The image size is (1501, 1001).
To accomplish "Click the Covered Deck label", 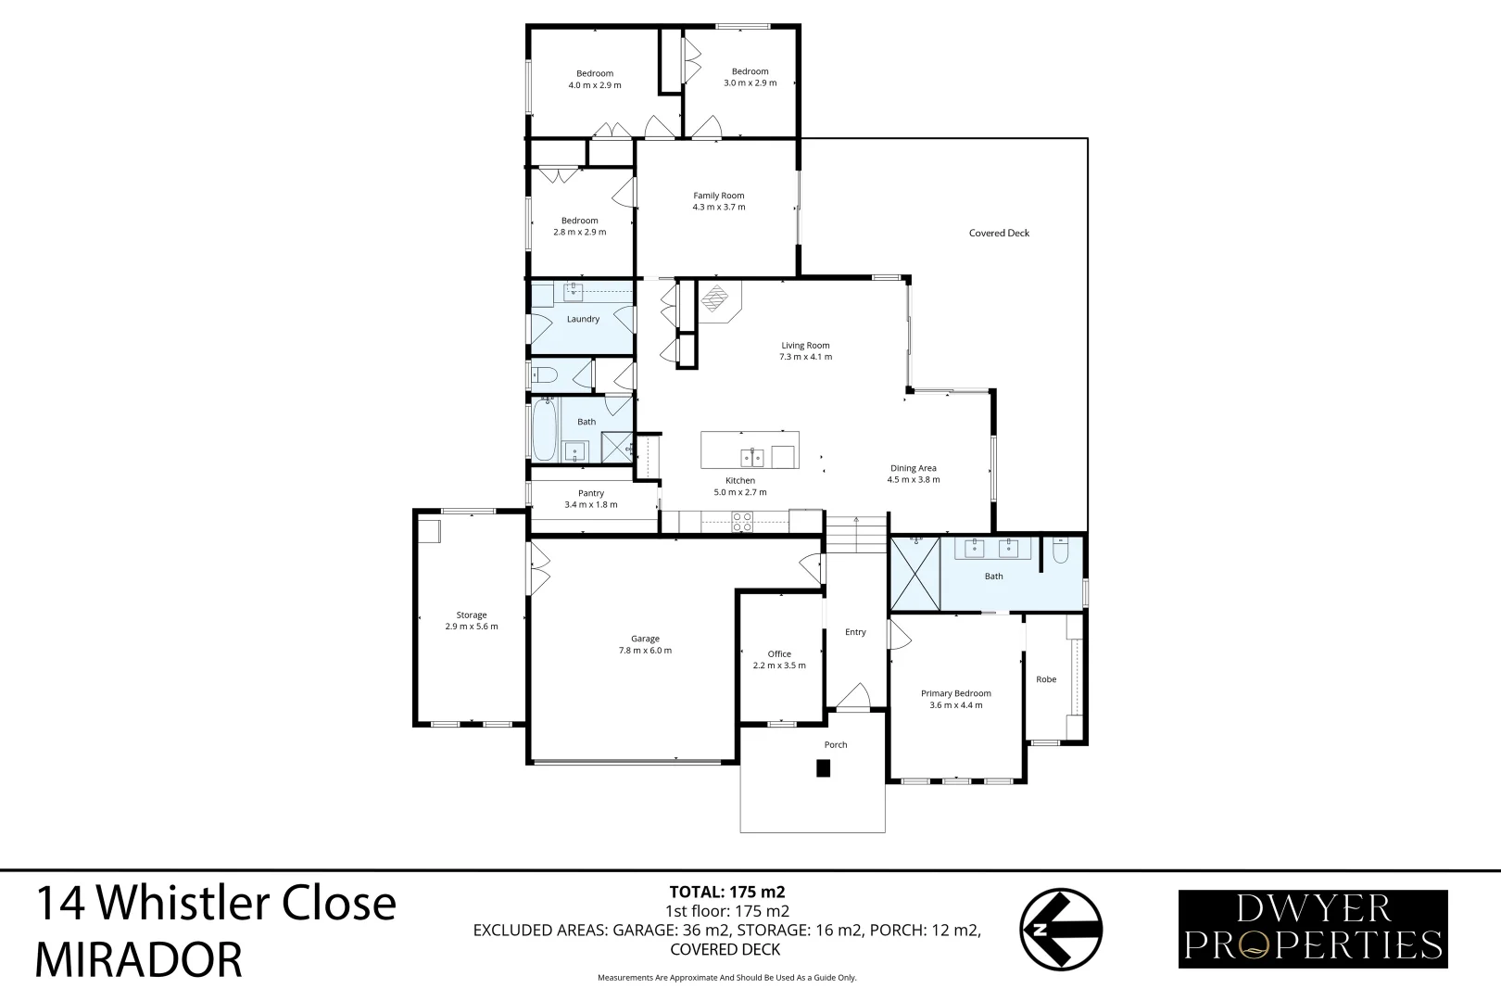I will point(999,233).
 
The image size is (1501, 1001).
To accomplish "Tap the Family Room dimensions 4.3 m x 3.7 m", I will point(719,208).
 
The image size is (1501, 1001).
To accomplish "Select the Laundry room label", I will point(583,319).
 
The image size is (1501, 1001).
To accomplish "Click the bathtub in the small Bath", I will point(544,428).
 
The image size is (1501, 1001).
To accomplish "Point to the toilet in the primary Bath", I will point(1061,553).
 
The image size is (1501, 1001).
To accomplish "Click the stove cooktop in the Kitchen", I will point(742,523).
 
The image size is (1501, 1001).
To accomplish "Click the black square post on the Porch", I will point(823,768).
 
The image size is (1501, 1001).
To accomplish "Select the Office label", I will point(779,653).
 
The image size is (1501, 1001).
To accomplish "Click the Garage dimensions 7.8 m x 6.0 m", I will point(645,651).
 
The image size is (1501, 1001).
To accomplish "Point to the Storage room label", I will point(471,615).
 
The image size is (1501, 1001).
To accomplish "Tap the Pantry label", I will point(590,493).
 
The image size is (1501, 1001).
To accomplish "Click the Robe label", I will point(1045,679).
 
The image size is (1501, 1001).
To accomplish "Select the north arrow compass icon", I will point(1061,929).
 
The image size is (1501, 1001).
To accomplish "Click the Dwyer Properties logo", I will point(1312,929).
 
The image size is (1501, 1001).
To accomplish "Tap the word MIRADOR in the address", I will point(138,960).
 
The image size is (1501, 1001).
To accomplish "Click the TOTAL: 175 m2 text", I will point(727,893).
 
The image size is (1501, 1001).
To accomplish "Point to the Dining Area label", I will point(913,468).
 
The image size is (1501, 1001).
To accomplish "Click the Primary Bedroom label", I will point(955,693).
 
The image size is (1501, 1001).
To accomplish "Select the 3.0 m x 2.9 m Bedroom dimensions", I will point(750,83).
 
